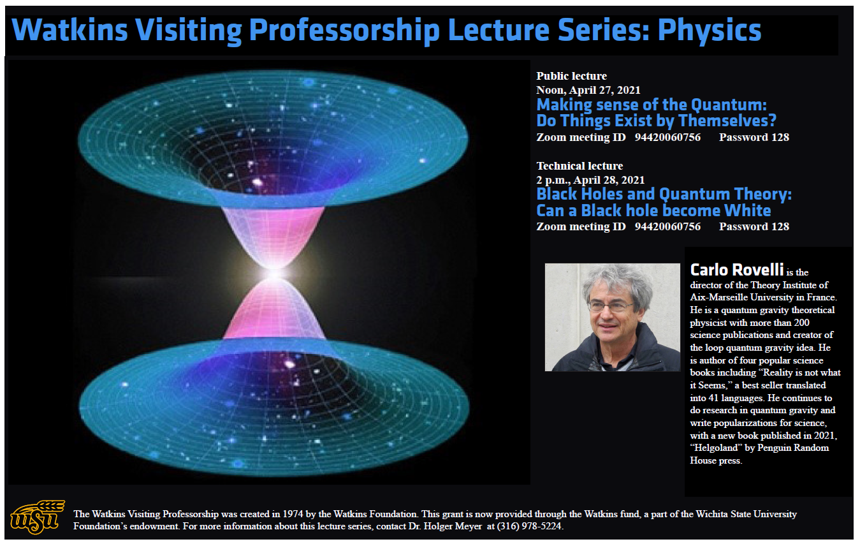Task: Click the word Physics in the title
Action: (710, 31)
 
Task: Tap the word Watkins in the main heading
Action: (69, 29)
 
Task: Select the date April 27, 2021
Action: (605, 91)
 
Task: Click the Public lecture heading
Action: (571, 76)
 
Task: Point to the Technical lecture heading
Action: (579, 166)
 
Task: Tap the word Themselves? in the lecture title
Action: (727, 121)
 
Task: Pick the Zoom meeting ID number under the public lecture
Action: (667, 137)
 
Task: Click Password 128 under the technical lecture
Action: (754, 226)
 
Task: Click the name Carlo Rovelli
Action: (737, 270)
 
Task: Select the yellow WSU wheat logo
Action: (38, 517)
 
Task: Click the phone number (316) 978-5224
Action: (529, 526)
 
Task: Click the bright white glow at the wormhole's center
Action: (275, 274)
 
